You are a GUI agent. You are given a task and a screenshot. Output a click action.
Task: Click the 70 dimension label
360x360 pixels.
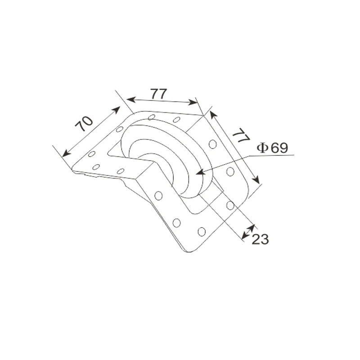coord(84,123)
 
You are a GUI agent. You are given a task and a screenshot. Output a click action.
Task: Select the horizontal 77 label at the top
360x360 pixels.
coord(158,94)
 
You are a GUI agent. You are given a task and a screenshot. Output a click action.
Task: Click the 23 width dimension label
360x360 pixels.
coord(260,239)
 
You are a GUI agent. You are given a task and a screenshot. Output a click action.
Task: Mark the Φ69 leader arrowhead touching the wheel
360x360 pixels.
coord(198,173)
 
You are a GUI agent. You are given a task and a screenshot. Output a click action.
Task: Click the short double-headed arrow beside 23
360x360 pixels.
coord(248,231)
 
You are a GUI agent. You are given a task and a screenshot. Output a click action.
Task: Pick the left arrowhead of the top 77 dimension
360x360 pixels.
coord(129,99)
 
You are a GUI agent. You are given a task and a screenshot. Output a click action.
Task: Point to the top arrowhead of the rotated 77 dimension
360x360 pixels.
coord(212,114)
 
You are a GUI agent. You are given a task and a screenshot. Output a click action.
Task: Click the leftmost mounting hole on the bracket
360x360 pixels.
coord(91,154)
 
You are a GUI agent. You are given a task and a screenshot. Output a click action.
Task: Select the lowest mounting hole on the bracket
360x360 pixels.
coord(202,231)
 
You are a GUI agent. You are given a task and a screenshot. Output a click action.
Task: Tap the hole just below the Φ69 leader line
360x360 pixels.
coord(230,171)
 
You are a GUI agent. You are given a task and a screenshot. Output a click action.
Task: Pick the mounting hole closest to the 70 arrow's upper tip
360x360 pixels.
coord(120,129)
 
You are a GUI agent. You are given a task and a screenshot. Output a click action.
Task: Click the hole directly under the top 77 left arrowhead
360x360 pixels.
coord(151,117)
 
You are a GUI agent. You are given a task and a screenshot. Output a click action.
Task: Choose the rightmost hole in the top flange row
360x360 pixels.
coord(177,119)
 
